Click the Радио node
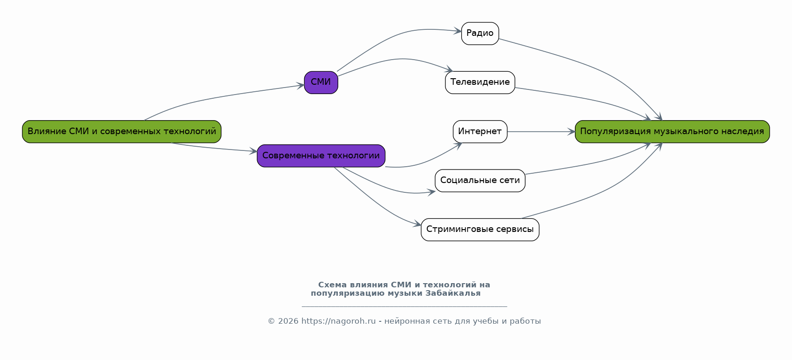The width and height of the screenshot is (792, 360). pos(480,34)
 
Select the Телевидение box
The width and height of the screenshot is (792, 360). pos(480,82)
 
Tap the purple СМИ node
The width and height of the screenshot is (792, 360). pos(321,82)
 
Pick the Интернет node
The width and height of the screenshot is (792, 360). pos(480,132)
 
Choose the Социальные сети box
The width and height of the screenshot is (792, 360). pos(480,181)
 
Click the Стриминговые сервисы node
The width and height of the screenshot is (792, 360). pos(480,230)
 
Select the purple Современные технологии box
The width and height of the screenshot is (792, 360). pos(321,156)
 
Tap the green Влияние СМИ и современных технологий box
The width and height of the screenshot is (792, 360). pos(122,132)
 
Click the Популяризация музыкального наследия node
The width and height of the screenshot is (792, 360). pos(672,132)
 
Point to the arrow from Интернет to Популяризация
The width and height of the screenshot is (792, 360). pos(540,132)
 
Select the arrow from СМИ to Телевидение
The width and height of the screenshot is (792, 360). pos(401,59)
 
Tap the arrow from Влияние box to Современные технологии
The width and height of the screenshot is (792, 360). pos(214,148)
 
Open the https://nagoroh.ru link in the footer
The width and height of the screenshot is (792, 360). pos(338,321)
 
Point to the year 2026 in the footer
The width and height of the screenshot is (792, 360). pos(288,321)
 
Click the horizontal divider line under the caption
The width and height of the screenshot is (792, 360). pos(404,306)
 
